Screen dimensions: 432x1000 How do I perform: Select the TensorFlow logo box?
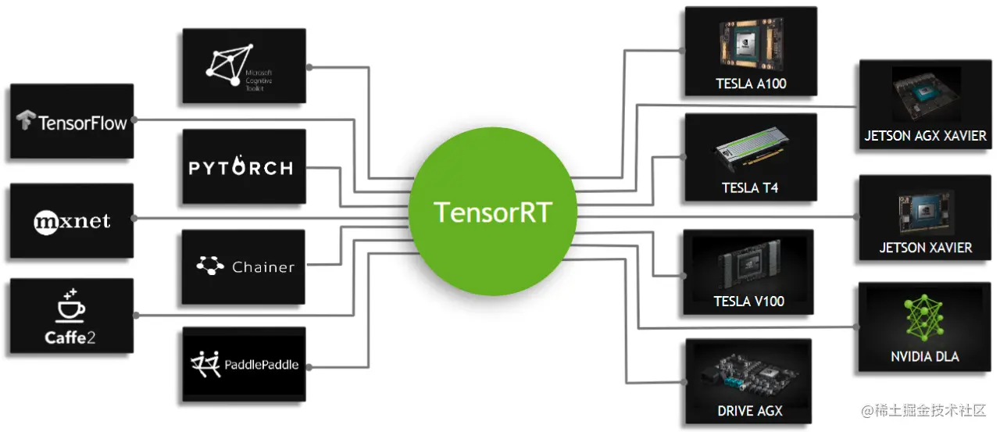[72, 121]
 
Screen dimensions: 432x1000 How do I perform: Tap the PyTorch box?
[243, 167]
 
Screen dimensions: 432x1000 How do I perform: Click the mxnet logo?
[72, 222]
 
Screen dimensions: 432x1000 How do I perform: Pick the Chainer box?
[243, 266]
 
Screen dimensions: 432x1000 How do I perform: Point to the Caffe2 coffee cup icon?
[71, 306]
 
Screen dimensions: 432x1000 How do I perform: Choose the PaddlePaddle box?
[243, 364]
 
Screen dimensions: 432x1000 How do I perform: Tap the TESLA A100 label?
[750, 84]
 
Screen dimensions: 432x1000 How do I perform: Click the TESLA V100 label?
[748, 302]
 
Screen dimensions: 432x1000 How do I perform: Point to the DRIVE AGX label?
[749, 410]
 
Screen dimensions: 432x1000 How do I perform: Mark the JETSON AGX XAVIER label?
[925, 136]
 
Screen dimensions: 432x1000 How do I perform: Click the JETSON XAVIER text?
[925, 248]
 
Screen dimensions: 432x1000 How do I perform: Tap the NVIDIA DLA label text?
[924, 356]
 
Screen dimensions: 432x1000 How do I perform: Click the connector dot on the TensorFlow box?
[134, 120]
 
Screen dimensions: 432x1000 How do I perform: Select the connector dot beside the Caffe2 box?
[136, 316]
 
